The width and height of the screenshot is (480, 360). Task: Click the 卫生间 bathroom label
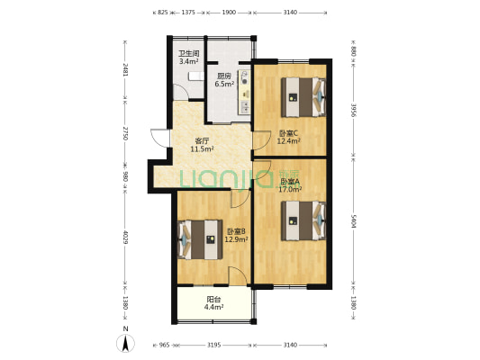tap(187, 52)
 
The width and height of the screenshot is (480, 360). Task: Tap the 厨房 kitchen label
tap(225, 76)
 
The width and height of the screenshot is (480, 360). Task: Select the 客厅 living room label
tap(203, 140)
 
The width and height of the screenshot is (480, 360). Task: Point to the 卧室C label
tap(287, 133)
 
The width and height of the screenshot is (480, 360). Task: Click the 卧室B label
tap(235, 230)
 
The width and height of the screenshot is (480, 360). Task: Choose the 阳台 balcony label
tap(213, 299)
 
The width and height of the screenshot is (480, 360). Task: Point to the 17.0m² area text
tap(290, 190)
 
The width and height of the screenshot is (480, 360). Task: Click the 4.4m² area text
tap(213, 308)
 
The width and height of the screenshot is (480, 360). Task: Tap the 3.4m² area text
tap(187, 61)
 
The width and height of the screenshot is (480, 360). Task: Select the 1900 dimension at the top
tap(229, 13)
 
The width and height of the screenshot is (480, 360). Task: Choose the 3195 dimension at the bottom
tap(214, 345)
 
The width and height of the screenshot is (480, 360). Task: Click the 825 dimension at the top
tap(163, 13)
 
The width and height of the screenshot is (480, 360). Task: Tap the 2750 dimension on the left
tap(126, 134)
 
